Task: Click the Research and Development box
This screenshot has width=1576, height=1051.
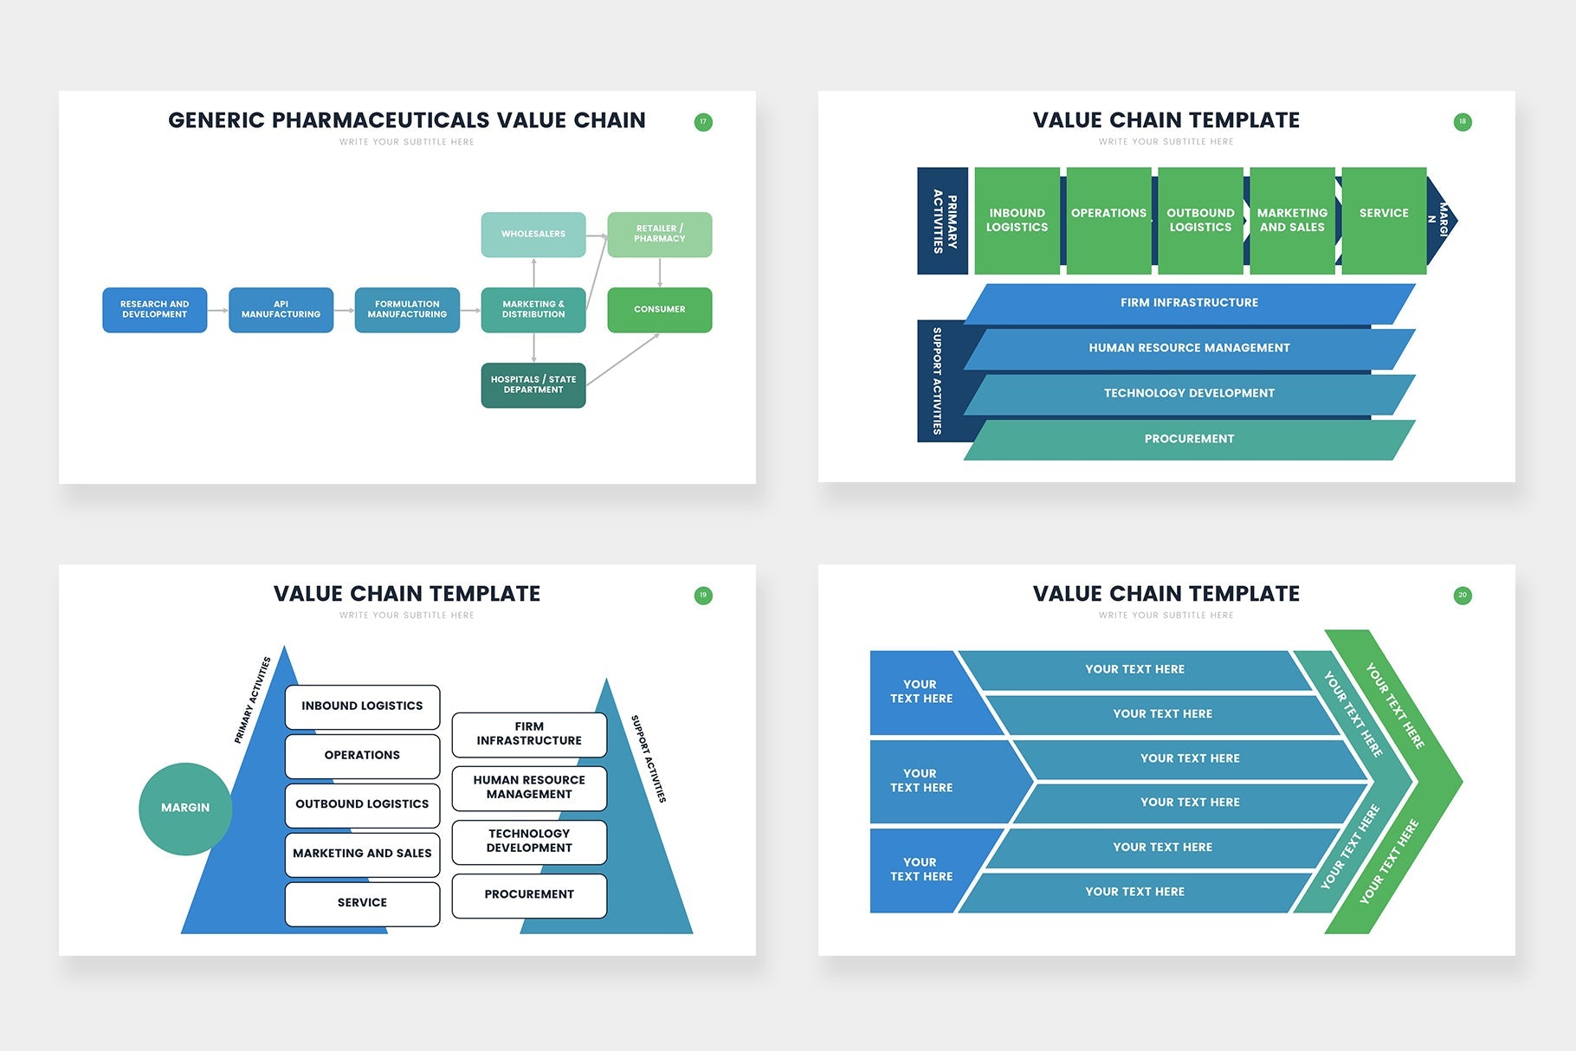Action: point(154,310)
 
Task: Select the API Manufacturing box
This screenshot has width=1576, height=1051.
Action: point(281,310)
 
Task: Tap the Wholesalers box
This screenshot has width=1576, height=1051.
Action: point(533,235)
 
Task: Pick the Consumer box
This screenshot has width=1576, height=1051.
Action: point(659,310)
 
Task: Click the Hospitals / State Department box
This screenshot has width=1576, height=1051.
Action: point(533,385)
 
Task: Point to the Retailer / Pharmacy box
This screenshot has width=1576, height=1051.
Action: point(659,235)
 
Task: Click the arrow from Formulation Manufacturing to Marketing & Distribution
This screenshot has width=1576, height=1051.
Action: point(470,310)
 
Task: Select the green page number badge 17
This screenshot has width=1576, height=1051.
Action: point(703,122)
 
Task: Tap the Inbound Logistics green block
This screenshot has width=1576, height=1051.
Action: point(1017,221)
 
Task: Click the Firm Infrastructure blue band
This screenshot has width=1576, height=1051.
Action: point(1189,303)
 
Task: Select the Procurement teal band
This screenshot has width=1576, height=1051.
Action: point(1189,439)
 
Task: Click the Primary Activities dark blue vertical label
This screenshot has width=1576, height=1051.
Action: point(943,222)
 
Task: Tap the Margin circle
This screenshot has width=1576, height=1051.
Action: point(185,809)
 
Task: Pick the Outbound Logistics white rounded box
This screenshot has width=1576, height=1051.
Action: point(362,804)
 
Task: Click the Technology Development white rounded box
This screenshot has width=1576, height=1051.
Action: point(529,841)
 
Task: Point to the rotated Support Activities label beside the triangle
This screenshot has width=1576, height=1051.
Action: point(649,758)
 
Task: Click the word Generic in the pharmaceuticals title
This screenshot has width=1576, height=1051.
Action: point(216,120)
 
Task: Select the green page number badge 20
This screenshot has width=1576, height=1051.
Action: point(1463,596)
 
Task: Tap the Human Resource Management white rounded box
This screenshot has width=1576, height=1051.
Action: point(529,788)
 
